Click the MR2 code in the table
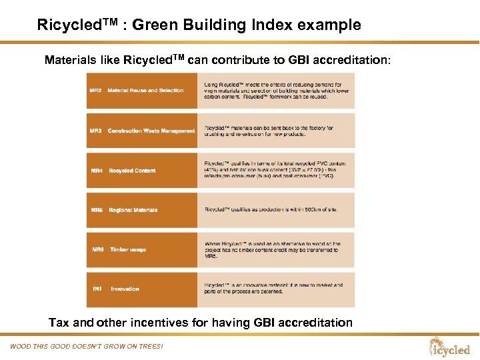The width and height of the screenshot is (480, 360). pos(95,91)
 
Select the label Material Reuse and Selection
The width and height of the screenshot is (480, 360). pos(145,91)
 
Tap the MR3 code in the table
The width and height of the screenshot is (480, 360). pos(95,131)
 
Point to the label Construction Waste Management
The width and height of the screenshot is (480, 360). pos(151,131)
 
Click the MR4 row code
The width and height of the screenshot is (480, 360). pos(97,171)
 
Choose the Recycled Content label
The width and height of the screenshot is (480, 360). pos(132,171)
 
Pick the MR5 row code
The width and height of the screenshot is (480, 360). pos(97,210)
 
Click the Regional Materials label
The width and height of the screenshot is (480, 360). pos(133,210)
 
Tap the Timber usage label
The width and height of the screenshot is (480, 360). pos(128,250)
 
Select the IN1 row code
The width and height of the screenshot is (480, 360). pos(97,289)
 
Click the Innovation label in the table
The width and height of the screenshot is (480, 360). pos(125,289)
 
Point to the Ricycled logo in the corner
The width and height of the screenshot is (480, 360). pos(451,347)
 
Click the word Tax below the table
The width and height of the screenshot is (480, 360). pos(59,323)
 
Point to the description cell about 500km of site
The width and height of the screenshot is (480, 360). pos(275,210)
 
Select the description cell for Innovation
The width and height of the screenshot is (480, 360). pos(275,289)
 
